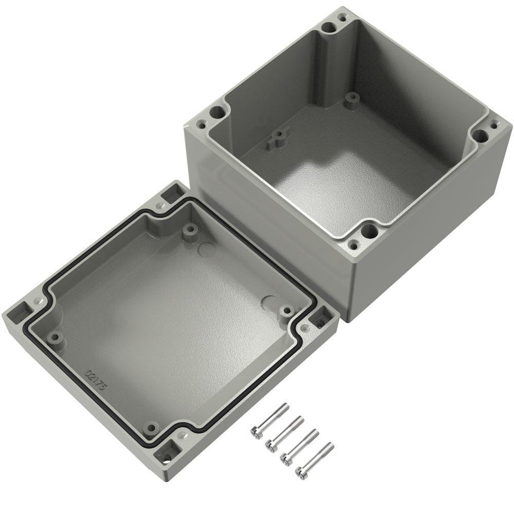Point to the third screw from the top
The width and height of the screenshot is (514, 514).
pyautogui.click(x=300, y=445)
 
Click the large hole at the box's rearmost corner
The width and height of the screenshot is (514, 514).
pyautogui.click(x=328, y=28)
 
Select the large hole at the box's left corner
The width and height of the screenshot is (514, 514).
pyautogui.click(x=217, y=113)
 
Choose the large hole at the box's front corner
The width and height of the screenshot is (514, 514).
pyautogui.click(x=369, y=231)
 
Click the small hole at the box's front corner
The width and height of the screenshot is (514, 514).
pyautogui.click(x=354, y=244)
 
